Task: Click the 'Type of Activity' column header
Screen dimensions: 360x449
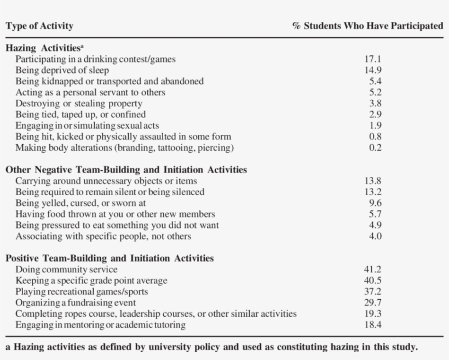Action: (x=39, y=26)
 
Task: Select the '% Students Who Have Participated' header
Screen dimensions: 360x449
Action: (x=367, y=26)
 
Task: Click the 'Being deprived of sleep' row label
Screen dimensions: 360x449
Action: (x=62, y=70)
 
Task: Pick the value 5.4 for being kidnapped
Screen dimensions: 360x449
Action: (x=375, y=81)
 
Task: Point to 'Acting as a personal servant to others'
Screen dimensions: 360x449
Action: (x=90, y=92)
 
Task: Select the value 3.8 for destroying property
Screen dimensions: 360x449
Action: (x=375, y=103)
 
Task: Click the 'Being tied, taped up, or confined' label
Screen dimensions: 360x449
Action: (x=80, y=115)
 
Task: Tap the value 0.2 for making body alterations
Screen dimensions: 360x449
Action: (x=375, y=147)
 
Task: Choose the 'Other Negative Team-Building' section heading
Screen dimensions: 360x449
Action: (x=126, y=170)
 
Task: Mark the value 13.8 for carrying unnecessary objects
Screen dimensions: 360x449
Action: (x=373, y=181)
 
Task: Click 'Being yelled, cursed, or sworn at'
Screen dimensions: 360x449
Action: (x=80, y=203)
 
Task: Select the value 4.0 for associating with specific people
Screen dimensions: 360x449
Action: (x=375, y=236)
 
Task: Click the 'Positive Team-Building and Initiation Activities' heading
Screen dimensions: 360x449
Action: (x=110, y=258)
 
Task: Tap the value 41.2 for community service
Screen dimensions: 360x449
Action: (x=373, y=269)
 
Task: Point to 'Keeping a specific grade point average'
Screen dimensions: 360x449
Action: (x=91, y=281)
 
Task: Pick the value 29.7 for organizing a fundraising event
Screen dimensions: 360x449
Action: (x=373, y=302)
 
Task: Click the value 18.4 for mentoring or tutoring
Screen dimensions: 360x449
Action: (x=373, y=325)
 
